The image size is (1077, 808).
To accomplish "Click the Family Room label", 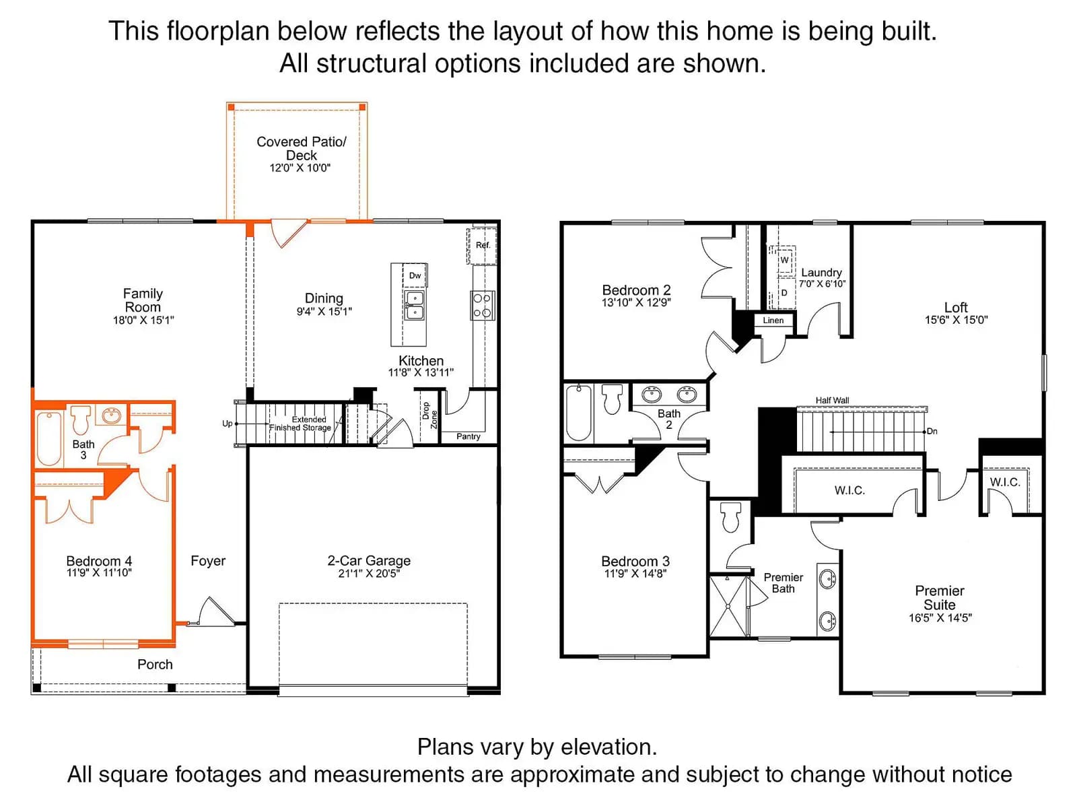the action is tap(143, 300).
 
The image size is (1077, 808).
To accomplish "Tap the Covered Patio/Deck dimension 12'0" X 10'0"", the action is tap(300, 168).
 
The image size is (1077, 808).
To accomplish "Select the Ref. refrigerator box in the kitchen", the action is tap(481, 245).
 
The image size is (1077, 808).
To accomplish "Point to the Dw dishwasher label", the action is tap(415, 275).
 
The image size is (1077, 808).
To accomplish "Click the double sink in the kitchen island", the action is tap(415, 305).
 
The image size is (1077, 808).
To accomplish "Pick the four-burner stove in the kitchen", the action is tap(483, 306).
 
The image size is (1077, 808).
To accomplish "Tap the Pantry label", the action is tap(468, 436).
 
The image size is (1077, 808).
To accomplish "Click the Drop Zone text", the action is tap(429, 415).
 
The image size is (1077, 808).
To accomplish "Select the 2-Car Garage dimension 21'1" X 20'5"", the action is tap(369, 574).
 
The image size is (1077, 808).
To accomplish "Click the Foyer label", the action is tap(208, 561).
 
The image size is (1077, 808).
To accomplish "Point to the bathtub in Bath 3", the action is tap(48, 438).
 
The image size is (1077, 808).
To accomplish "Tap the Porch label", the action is tap(155, 665).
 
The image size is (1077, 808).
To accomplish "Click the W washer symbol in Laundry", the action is tap(784, 259).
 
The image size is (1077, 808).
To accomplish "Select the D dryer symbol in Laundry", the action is tap(784, 293).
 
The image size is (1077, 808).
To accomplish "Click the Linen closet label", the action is tap(773, 321).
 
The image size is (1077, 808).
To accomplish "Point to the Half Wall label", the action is tap(832, 401).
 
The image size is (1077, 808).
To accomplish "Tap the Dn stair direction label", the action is tap(932, 431).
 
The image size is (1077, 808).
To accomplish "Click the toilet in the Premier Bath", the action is tap(730, 516).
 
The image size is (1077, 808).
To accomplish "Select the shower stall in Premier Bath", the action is tap(728, 606).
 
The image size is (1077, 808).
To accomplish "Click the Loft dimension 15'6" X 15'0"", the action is tap(957, 320).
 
